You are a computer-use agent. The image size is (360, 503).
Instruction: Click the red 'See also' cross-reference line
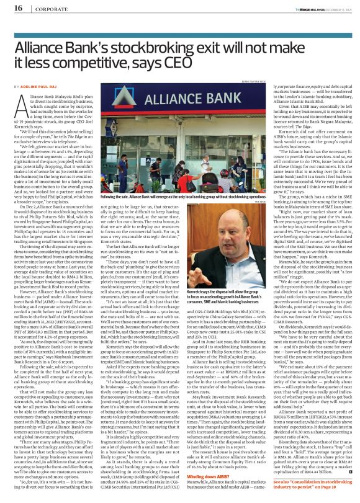[297, 483]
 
